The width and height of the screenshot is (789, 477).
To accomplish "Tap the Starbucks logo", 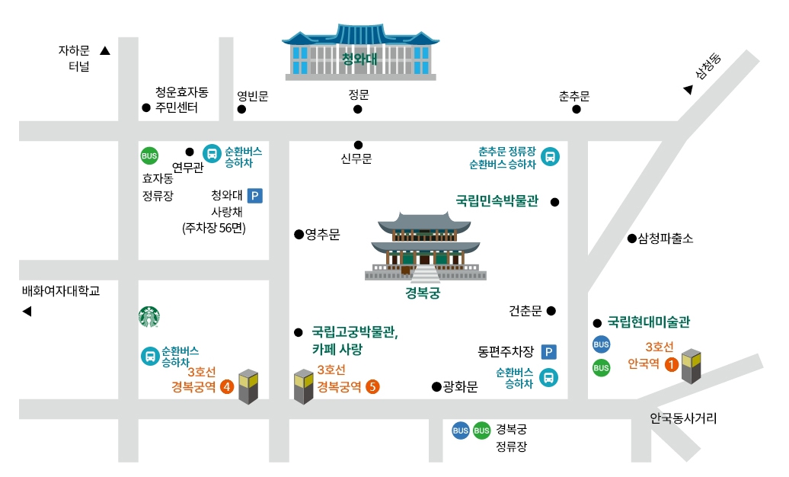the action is [150, 317].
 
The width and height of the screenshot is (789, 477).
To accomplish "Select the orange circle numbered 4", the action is [226, 386].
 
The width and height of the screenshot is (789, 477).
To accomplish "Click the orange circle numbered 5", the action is [372, 386].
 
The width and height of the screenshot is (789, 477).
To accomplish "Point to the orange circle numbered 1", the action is [671, 364].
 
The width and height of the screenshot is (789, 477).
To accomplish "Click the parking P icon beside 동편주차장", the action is [548, 352].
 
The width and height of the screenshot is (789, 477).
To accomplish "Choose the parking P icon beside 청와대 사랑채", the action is [255, 197].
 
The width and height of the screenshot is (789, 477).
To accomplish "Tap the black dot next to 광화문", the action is [436, 386].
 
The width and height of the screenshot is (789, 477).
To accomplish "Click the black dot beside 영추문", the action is [299, 235].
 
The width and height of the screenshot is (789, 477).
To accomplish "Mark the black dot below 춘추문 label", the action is [577, 109].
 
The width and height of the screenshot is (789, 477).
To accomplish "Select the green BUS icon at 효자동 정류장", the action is [149, 156].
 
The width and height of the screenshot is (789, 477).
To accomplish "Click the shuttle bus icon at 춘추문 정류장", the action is [550, 157].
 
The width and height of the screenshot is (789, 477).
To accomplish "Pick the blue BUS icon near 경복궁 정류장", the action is [460, 431].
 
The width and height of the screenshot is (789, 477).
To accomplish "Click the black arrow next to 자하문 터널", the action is [105, 51].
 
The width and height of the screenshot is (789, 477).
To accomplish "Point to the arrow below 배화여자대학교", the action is [27, 311].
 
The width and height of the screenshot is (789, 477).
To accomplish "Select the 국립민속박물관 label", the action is [497, 202].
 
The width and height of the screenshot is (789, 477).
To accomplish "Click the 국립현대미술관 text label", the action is [648, 322].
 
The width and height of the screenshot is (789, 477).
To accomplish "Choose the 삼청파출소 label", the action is [666, 238].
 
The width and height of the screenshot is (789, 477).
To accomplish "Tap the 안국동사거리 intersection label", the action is [683, 418].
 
